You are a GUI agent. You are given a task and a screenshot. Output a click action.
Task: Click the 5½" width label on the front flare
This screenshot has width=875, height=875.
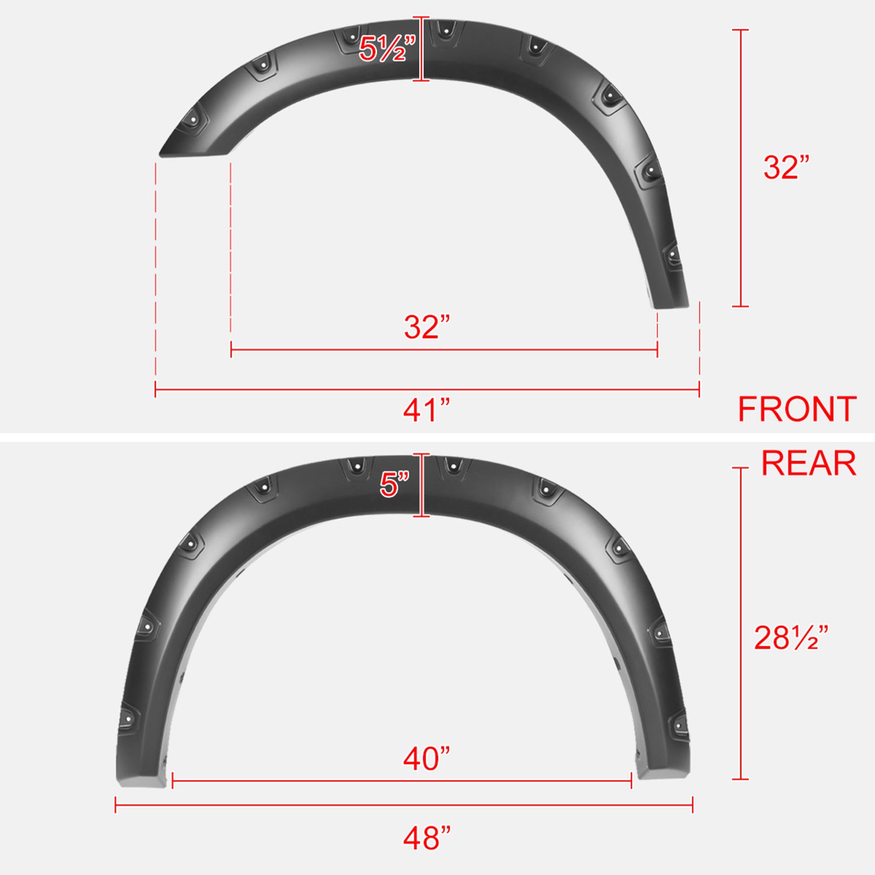tap(386, 48)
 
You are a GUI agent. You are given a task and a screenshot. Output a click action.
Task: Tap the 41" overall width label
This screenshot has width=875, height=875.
tap(426, 410)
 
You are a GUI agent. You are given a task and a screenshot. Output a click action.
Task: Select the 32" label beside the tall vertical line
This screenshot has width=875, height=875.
tap(786, 167)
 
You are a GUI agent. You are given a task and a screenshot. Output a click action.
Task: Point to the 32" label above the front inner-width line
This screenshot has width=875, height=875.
tap(427, 327)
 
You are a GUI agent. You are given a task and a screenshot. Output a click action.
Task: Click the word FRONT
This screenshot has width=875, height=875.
tap(797, 409)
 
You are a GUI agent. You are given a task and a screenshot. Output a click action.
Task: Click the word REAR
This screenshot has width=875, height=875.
tap(808, 464)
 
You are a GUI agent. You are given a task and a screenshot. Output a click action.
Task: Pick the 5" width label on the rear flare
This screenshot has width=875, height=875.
tap(394, 484)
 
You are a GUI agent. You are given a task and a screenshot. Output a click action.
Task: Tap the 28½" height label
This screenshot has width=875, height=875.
tap(790, 638)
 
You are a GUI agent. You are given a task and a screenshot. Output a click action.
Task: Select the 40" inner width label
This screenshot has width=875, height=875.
tap(426, 759)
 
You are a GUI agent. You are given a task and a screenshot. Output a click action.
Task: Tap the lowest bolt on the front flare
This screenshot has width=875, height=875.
tap(673, 255)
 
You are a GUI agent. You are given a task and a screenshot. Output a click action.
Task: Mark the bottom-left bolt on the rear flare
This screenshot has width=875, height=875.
tap(127, 719)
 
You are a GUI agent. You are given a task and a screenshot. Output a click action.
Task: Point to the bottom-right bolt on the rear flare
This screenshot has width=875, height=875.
tap(679, 724)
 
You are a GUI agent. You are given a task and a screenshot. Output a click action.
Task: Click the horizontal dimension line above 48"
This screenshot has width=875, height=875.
tap(404, 806)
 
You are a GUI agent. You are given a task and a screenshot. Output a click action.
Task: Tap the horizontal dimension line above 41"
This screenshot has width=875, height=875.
tap(427, 389)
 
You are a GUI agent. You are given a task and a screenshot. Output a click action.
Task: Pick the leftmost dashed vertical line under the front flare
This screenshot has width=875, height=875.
tap(156, 274)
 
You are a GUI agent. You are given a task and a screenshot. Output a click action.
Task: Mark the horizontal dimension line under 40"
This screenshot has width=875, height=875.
tap(402, 780)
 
